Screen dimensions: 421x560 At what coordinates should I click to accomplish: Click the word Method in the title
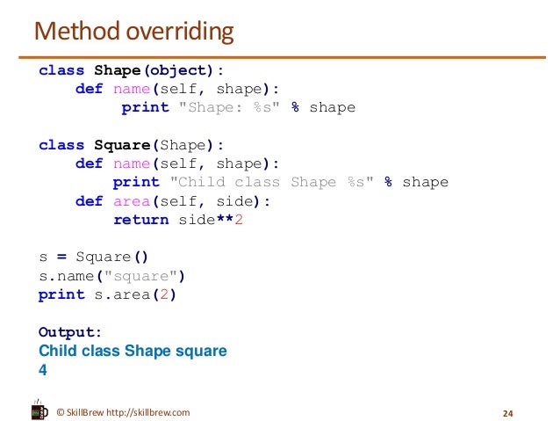click(x=72, y=33)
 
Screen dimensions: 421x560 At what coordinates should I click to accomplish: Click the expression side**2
click(x=211, y=220)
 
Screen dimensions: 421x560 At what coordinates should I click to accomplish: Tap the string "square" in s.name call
click(x=140, y=276)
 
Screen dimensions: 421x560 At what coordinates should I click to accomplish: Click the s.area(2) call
click(x=131, y=294)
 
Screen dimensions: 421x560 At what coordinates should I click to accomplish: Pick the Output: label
click(x=70, y=332)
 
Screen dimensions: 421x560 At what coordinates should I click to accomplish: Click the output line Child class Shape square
click(x=133, y=351)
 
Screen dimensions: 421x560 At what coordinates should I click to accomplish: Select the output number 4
click(x=43, y=369)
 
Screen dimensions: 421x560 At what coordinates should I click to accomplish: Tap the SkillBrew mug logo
click(x=39, y=410)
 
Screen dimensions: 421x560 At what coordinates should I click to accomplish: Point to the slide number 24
click(x=506, y=413)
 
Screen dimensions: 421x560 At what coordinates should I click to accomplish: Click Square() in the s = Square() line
click(x=112, y=258)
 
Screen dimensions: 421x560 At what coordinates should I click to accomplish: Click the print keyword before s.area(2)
click(x=61, y=294)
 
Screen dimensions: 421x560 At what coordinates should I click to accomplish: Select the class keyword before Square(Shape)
click(x=61, y=145)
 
